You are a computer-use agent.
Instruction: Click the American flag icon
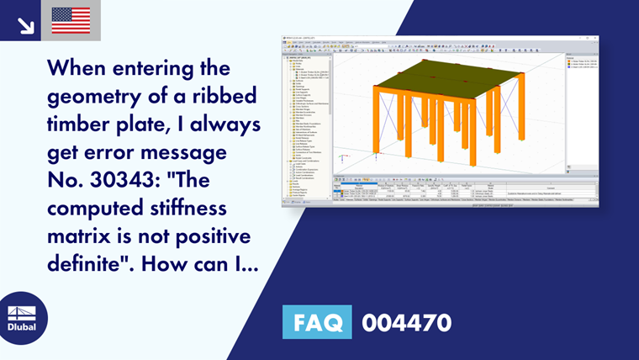[x=71, y=20]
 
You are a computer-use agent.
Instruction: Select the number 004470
[x=406, y=321]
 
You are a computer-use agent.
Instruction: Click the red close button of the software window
[x=595, y=37]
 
